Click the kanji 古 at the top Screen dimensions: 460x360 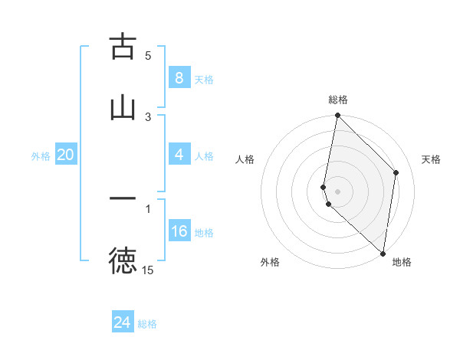pyautogui.click(x=123, y=47)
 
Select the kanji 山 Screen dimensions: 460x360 pyautogui.click(x=123, y=107)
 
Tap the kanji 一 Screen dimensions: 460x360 pyautogui.click(x=123, y=198)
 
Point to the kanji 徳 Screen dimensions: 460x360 pyautogui.click(x=123, y=261)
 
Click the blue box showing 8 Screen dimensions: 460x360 pyautogui.click(x=179, y=77)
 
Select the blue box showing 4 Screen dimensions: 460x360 pyautogui.click(x=179, y=155)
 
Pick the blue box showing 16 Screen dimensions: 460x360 pyautogui.click(x=179, y=231)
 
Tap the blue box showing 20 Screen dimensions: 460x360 pyautogui.click(x=65, y=155)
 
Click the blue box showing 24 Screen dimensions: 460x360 pyautogui.click(x=123, y=322)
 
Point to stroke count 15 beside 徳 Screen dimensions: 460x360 pyautogui.click(x=148, y=270)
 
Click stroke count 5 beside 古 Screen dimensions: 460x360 pyautogui.click(x=148, y=55)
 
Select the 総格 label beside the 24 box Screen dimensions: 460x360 pyautogui.click(x=147, y=324)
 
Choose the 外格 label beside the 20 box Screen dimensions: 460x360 pyautogui.click(x=41, y=155)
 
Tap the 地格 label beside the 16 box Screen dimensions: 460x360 pyautogui.click(x=204, y=233)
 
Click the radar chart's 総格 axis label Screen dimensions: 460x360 pyautogui.click(x=338, y=100)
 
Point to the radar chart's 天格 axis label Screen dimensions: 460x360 pyautogui.click(x=432, y=159)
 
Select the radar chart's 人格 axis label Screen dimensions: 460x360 pyautogui.click(x=245, y=159)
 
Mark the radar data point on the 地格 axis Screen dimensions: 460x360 pyautogui.click(x=383, y=254)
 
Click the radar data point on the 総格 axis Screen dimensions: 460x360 pyautogui.click(x=337, y=115)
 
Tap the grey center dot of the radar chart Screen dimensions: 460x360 pyautogui.click(x=337, y=191)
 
